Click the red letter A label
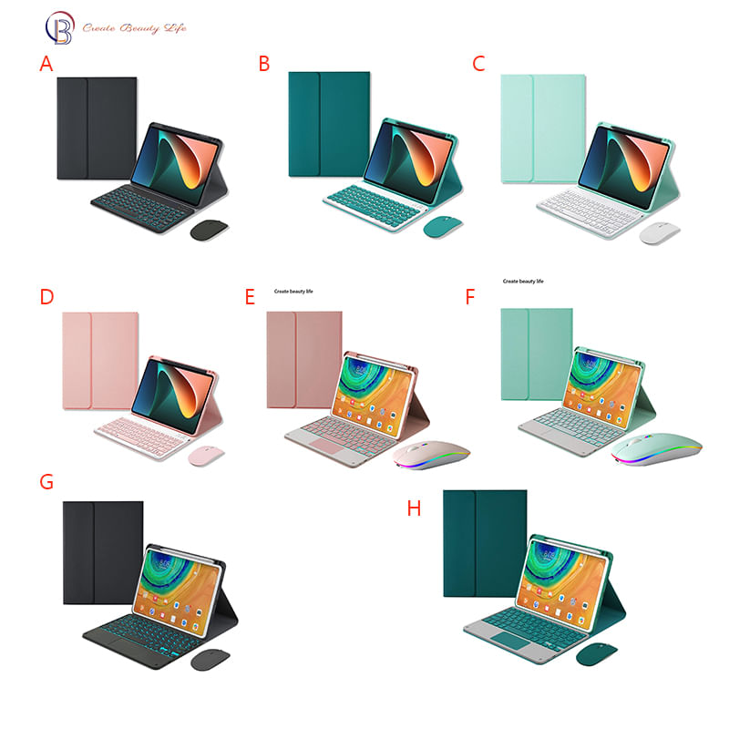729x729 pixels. coord(46,64)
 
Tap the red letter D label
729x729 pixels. coord(46,297)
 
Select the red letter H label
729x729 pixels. coord(415,508)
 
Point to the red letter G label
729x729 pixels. coord(46,481)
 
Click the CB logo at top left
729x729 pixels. coord(59,27)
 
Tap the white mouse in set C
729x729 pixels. coord(660,232)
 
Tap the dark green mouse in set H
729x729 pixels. coord(597,653)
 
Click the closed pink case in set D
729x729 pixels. coord(100,359)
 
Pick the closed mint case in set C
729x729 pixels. coord(542,128)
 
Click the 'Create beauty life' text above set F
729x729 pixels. coord(523,282)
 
